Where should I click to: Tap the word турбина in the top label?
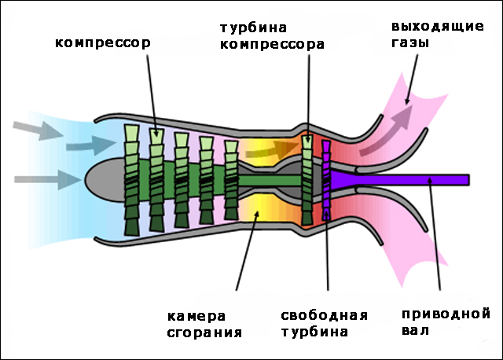(x=251, y=28)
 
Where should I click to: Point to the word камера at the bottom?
(x=196, y=316)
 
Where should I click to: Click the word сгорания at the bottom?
(x=204, y=332)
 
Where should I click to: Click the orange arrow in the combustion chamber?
(x=275, y=149)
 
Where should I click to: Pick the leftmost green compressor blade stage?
(x=132, y=179)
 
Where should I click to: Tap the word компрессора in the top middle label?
(x=272, y=45)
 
